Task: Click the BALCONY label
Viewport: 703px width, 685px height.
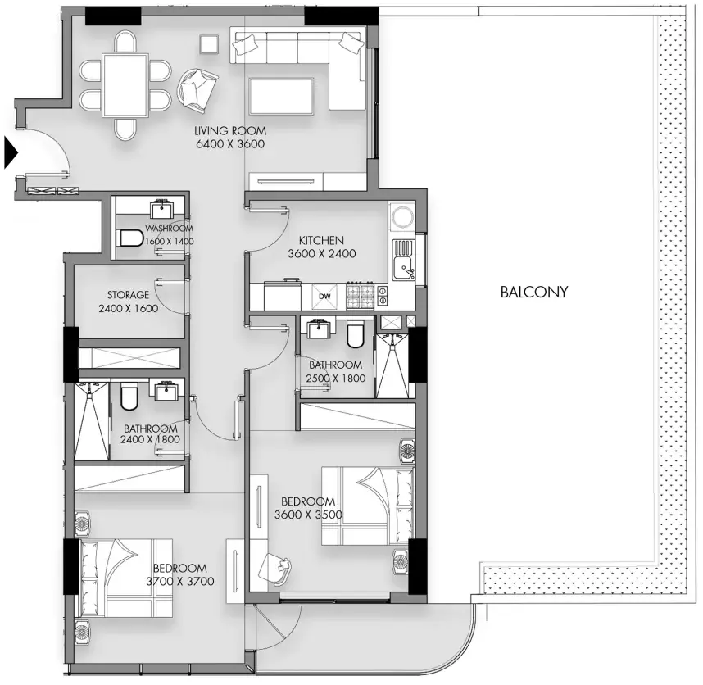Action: click(534, 293)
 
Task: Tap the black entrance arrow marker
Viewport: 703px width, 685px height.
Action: click(11, 153)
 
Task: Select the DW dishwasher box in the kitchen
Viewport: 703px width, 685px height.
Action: click(324, 297)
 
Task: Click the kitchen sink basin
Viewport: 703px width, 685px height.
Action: click(403, 268)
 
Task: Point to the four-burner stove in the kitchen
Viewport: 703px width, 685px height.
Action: click(360, 296)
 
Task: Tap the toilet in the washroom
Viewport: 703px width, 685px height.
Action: click(131, 238)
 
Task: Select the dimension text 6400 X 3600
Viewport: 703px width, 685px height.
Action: click(230, 144)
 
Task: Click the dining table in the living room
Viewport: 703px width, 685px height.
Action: click(125, 85)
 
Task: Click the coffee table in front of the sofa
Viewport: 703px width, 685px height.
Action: click(282, 96)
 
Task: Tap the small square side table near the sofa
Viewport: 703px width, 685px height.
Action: click(209, 45)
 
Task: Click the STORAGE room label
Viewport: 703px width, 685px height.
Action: click(128, 295)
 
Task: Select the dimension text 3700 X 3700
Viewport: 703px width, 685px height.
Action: click(179, 582)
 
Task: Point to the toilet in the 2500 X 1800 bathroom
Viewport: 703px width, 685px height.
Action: click(355, 334)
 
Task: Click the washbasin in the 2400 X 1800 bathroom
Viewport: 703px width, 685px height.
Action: click(168, 389)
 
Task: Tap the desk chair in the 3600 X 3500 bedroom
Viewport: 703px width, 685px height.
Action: click(274, 568)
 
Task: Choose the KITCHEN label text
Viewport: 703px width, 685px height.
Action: click(321, 241)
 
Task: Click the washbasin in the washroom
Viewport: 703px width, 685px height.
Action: click(161, 208)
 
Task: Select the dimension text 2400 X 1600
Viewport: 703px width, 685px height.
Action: click(128, 308)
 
